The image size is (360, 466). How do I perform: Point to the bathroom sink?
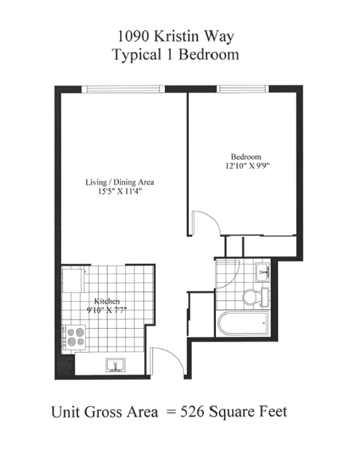(x=262, y=272)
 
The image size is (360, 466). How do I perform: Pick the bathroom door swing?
(x=227, y=269)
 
